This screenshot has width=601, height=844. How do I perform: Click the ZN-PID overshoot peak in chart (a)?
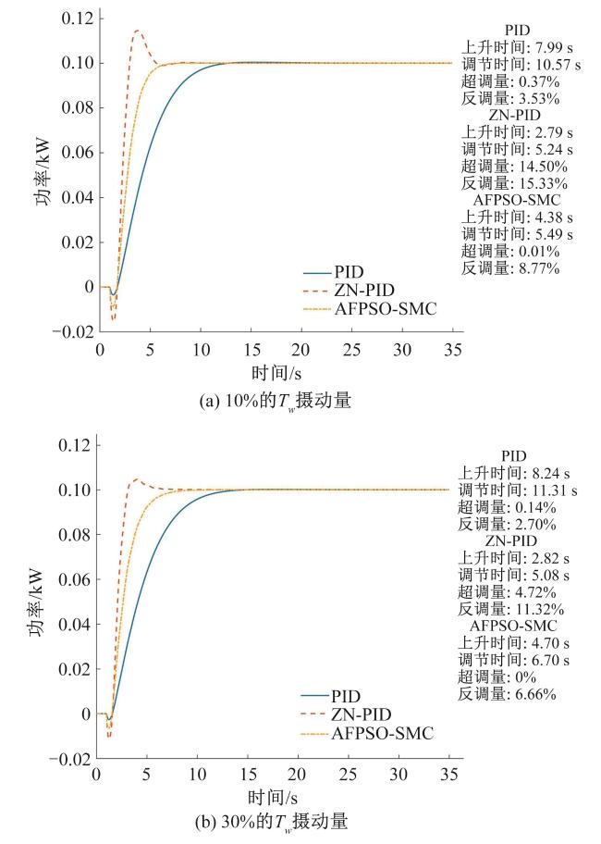[x=137, y=31]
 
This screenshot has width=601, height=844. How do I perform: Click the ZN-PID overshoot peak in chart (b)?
[x=137, y=478]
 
